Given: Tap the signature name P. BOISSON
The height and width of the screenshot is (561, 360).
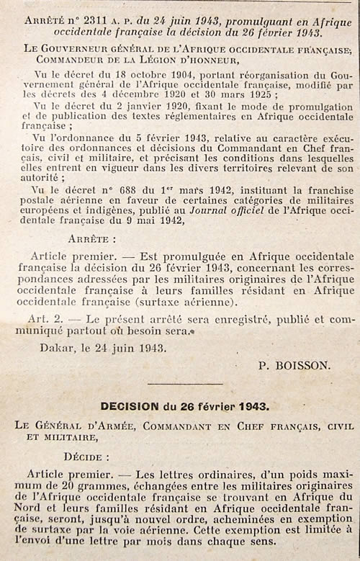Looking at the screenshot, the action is pos(294,364).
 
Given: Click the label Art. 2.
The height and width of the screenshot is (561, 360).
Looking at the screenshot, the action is pos(50,318).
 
